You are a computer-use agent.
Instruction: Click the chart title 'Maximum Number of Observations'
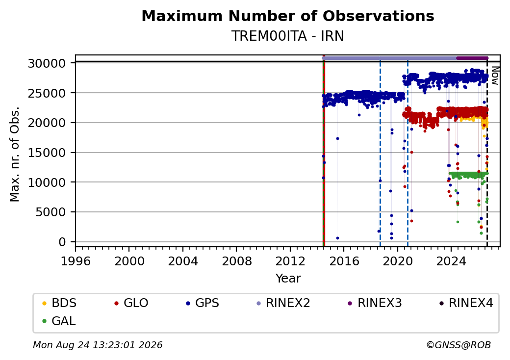pos(288,16)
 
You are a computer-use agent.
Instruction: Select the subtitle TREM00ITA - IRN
pos(288,36)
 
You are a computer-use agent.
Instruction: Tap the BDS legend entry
pos(59,303)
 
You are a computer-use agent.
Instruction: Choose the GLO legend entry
pos(131,303)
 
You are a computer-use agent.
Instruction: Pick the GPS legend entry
pos(203,303)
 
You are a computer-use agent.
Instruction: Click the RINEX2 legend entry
pos(283,303)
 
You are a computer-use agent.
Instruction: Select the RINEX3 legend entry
pos(375,303)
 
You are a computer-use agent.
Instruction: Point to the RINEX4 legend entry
pos(466,303)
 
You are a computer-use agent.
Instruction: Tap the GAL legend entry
pos(59,321)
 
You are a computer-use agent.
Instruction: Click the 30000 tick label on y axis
pos(47,63)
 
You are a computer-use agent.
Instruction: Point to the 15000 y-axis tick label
pos(47,153)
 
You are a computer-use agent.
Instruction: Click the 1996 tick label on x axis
pos(76,261)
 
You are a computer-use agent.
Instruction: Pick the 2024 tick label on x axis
pos(451,261)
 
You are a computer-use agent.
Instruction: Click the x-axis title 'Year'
pos(288,279)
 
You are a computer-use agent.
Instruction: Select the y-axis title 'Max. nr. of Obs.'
pos(15,154)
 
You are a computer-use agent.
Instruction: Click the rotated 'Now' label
pos(495,76)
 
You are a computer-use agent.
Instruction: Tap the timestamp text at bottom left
pos(98,345)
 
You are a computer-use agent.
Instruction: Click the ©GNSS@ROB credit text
pos(459,345)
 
